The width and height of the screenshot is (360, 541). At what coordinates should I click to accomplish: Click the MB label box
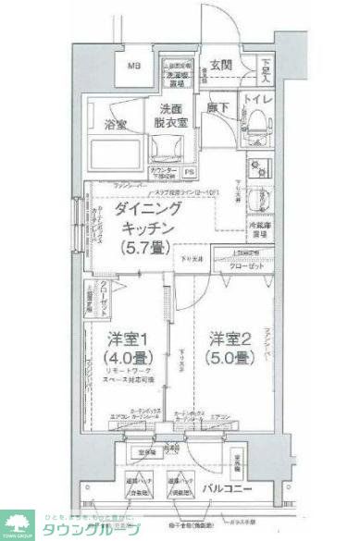click(x=134, y=68)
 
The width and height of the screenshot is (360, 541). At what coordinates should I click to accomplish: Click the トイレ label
click(x=259, y=97)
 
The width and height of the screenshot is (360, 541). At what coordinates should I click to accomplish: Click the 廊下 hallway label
click(x=218, y=107)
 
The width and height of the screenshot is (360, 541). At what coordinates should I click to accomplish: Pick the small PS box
click(x=190, y=172)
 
